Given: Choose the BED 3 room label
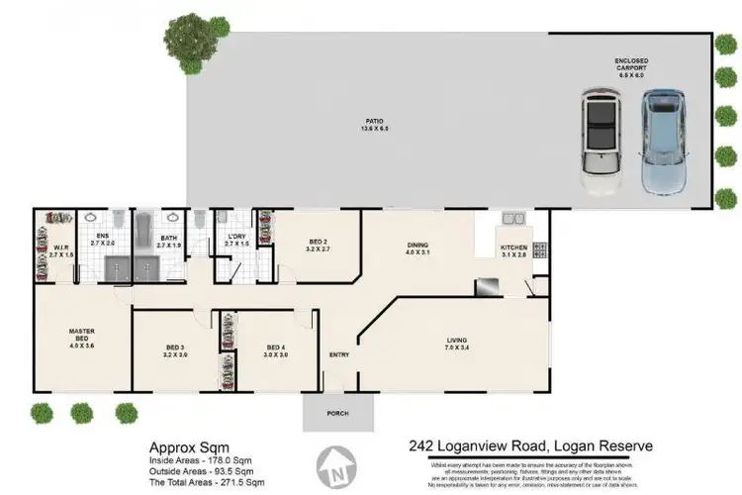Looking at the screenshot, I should coord(175,349).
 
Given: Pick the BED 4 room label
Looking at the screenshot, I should coord(276,349).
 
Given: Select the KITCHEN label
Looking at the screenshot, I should coord(512,248).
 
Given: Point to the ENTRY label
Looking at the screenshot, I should coord(339,353).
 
